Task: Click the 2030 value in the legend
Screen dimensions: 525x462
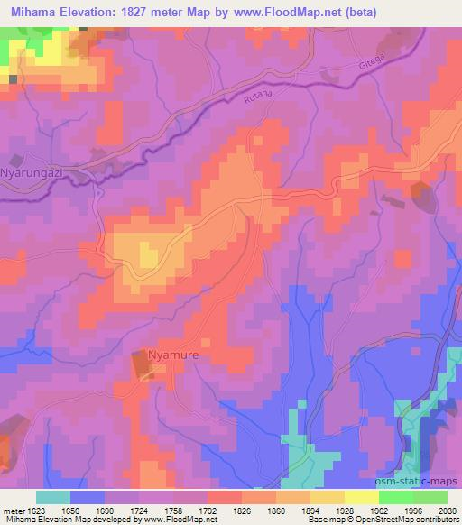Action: (x=448, y=510)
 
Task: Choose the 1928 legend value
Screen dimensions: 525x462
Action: (x=328, y=510)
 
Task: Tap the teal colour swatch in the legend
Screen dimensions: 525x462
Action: (x=53, y=497)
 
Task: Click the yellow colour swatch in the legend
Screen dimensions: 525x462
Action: (x=362, y=497)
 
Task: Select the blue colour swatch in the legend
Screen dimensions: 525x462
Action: (x=88, y=497)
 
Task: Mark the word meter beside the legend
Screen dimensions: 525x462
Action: (x=13, y=510)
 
